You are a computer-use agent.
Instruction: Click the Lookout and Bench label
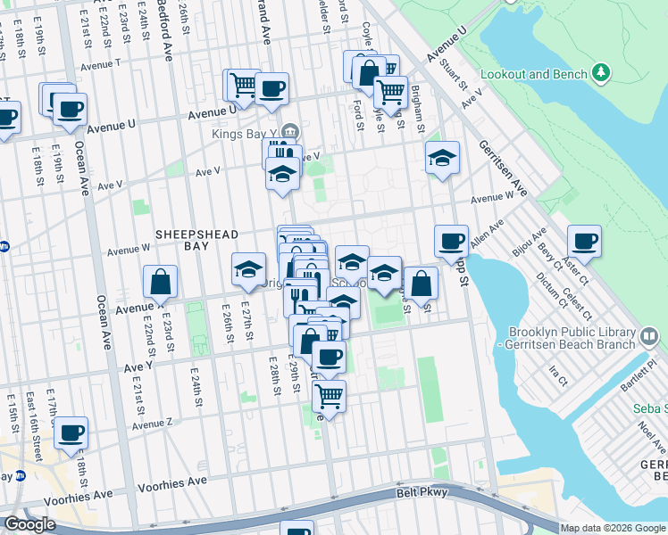click(x=533, y=74)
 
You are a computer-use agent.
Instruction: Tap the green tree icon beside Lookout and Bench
click(x=602, y=71)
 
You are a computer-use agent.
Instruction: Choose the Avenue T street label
click(x=101, y=64)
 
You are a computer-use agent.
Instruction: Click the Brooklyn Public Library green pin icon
click(x=649, y=337)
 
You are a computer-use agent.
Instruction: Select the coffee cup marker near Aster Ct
click(x=584, y=241)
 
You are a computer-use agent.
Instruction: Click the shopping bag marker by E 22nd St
click(x=160, y=282)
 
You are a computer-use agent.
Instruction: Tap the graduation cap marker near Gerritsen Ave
click(x=442, y=159)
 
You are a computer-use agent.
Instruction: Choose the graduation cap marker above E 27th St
click(x=248, y=269)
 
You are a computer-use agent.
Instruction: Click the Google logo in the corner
click(x=29, y=524)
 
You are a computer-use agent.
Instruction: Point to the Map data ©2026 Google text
click(x=613, y=528)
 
